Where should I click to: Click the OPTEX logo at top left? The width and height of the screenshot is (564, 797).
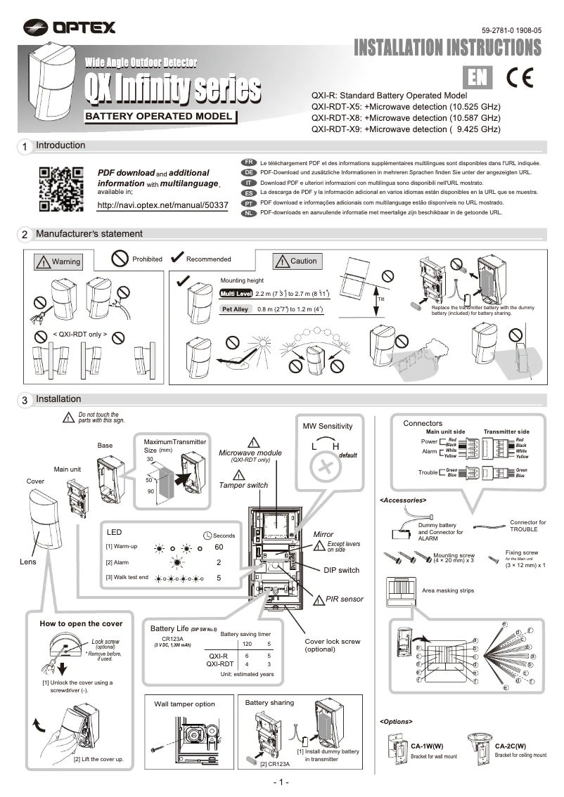click(x=69, y=27)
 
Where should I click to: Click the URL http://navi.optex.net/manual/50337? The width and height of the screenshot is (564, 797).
click(x=162, y=205)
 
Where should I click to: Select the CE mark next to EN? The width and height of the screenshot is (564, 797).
click(x=521, y=78)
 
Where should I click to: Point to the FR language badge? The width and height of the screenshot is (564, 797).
click(x=248, y=162)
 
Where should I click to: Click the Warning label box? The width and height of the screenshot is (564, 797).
click(x=58, y=262)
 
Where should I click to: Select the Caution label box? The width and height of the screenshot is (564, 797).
click(x=296, y=261)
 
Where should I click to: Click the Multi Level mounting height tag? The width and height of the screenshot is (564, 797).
click(x=236, y=293)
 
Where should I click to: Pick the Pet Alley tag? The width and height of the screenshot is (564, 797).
click(x=235, y=309)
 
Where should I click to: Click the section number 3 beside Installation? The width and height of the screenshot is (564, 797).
click(x=25, y=401)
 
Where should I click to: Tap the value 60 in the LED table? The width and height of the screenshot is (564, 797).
click(x=219, y=547)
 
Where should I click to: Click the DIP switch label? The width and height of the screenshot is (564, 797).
click(x=341, y=570)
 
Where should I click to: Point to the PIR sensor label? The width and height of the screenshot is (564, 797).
click(x=345, y=600)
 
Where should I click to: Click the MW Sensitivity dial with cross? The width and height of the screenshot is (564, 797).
click(x=325, y=467)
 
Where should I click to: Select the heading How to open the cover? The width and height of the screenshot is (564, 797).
click(x=81, y=623)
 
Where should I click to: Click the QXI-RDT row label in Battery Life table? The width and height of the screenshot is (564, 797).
click(x=219, y=663)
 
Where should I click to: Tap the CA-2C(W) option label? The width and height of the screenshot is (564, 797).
click(x=511, y=746)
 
